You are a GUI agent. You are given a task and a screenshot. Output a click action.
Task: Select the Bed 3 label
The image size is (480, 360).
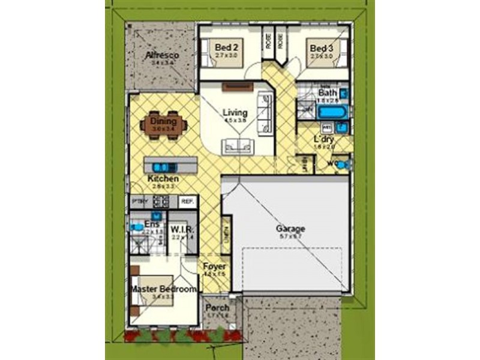(321, 48)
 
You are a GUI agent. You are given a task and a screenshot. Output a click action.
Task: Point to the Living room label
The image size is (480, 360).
(235, 112)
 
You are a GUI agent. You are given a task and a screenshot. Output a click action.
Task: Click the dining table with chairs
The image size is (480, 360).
(164, 125)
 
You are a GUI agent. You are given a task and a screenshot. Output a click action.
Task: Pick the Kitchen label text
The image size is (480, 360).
(163, 178)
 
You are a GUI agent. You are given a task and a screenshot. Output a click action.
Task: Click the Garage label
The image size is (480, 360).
(290, 229)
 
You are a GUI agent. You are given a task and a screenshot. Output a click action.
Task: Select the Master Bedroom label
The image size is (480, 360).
(164, 289)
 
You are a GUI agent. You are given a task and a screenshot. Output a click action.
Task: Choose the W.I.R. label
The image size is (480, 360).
(181, 229)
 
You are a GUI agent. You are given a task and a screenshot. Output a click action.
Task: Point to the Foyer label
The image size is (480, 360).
(214, 266)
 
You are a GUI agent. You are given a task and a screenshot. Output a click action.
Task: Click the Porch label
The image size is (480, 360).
(217, 308)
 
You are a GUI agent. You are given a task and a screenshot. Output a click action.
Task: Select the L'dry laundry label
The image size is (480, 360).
(323, 139)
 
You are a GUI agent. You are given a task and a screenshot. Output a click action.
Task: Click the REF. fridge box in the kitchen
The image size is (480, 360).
(187, 202)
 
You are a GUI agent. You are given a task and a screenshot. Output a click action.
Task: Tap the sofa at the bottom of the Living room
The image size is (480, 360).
(236, 146)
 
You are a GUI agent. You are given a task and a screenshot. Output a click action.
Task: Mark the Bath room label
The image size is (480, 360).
(328, 93)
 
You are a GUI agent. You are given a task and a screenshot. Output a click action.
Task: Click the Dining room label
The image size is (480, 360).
(163, 121)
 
